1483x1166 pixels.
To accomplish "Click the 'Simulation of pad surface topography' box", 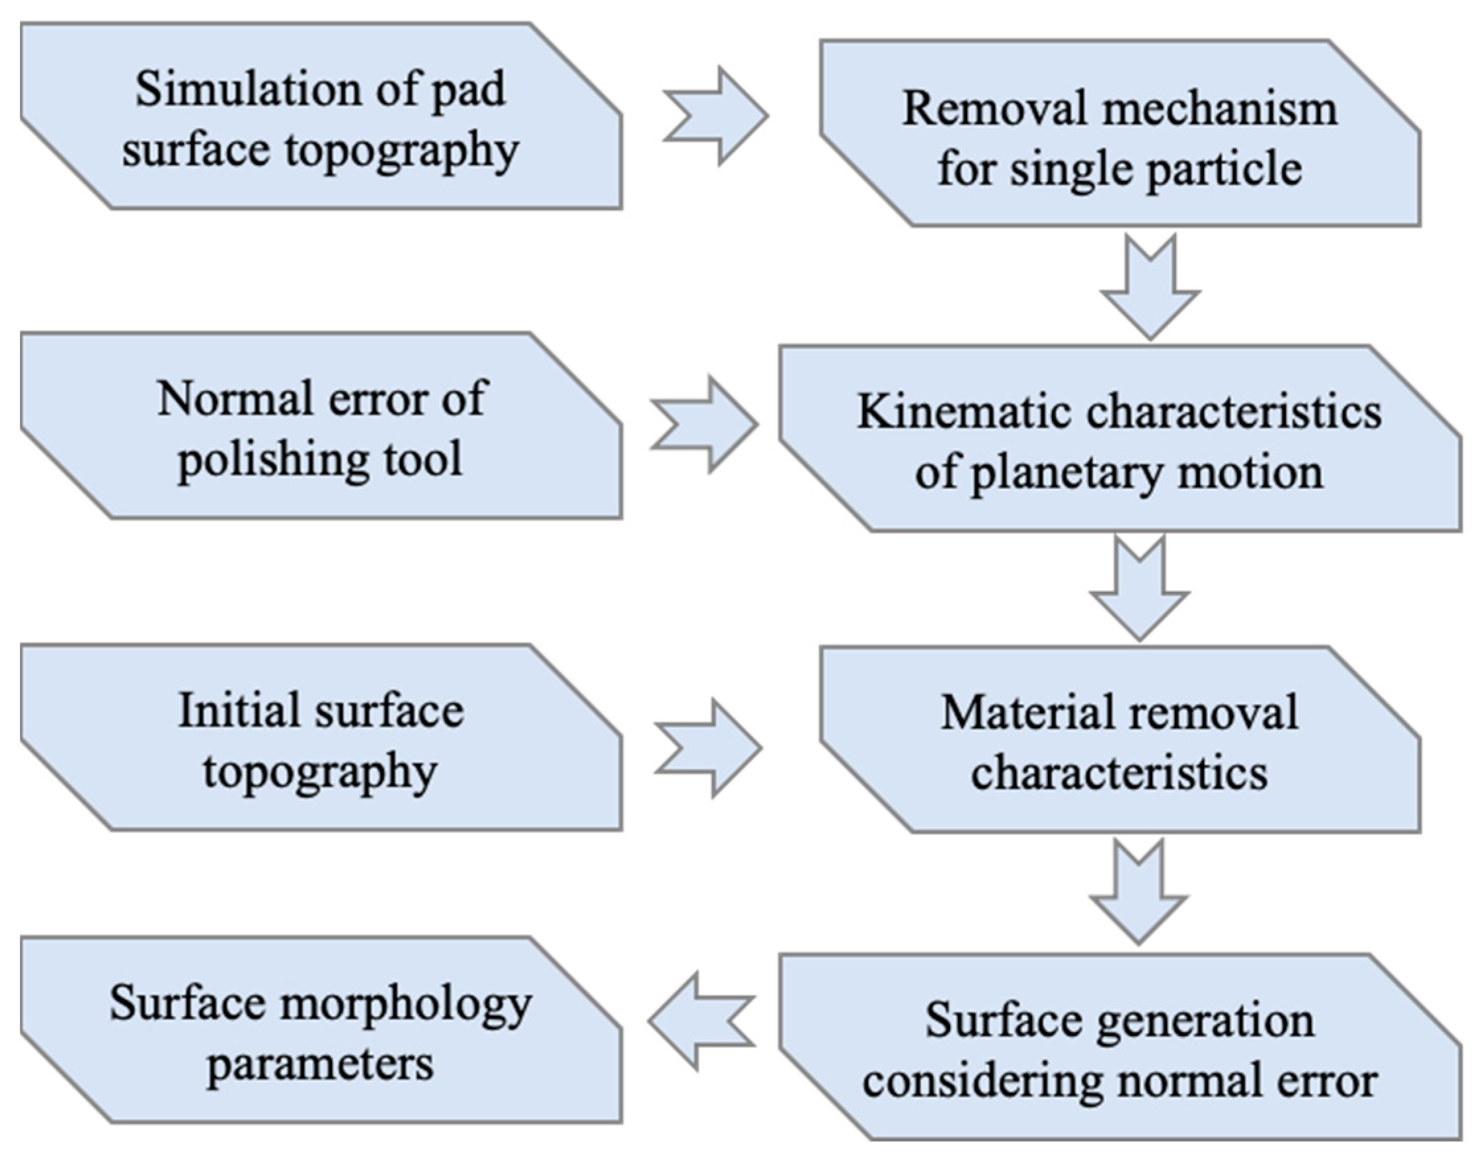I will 321,116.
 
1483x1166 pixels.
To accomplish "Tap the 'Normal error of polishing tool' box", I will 321,427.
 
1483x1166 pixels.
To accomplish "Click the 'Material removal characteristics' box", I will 1120,741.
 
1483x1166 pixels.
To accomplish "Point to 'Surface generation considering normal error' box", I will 1120,1048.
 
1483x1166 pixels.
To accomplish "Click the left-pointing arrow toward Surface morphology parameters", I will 701,1021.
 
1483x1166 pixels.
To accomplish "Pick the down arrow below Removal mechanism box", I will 1150,287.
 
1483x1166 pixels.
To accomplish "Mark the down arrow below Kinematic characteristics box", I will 1139,589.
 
